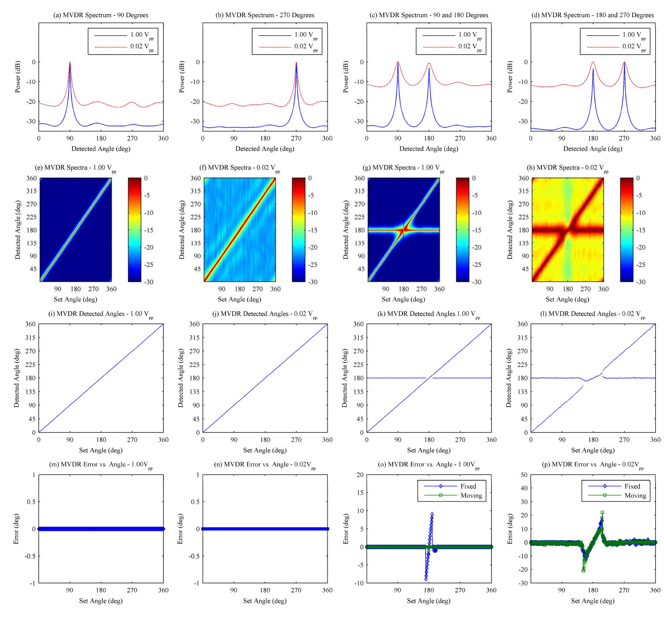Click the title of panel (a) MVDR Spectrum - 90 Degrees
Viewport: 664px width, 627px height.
click(101, 15)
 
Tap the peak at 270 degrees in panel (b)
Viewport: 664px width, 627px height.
click(296, 62)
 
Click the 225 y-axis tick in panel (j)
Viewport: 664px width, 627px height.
click(195, 365)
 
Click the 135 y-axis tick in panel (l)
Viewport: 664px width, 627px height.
click(523, 392)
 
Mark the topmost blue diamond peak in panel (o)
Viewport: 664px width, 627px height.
click(432, 514)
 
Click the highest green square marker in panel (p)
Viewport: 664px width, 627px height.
click(602, 512)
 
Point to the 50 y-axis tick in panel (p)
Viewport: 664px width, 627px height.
click(524, 475)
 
